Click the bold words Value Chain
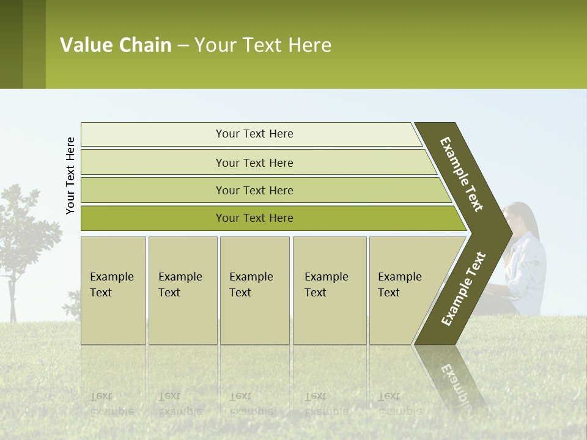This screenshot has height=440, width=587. (x=116, y=45)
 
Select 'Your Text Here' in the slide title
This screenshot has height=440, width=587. (x=263, y=45)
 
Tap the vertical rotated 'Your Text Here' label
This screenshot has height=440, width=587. (x=70, y=175)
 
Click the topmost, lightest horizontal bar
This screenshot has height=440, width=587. (x=254, y=134)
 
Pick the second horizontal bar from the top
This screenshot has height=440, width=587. (x=254, y=163)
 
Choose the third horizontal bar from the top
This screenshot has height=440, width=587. (x=254, y=190)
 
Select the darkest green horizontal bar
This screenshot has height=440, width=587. (x=254, y=218)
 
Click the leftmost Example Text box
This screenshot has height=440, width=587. (x=113, y=290)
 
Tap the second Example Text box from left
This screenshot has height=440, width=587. (x=182, y=290)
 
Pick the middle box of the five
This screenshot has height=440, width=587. (x=254, y=290)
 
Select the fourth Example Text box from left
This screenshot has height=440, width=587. (x=330, y=290)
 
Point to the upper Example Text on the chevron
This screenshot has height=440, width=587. (x=462, y=175)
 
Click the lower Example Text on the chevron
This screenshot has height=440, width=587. (x=463, y=289)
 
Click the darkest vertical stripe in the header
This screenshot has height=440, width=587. (x=11, y=44)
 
